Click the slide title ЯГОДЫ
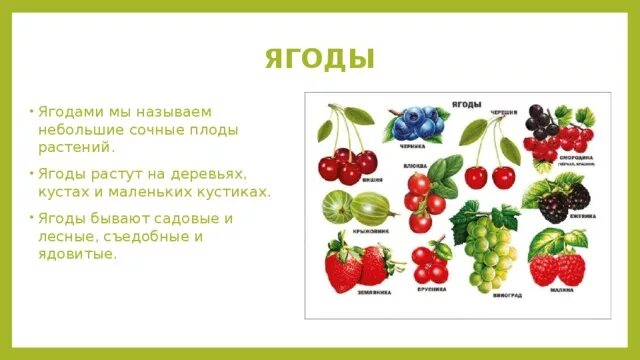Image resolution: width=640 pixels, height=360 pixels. coord(320,59)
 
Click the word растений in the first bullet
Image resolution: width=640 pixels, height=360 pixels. coord(73,147)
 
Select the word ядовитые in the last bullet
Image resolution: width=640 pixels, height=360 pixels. coord(76,255)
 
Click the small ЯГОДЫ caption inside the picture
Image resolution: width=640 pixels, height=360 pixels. coord(467,103)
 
